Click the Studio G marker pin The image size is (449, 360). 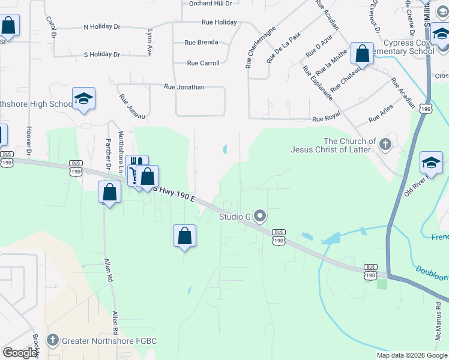click(x=260, y=215)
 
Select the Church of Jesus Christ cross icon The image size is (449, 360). click(x=385, y=144)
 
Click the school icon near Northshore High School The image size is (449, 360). click(x=83, y=99)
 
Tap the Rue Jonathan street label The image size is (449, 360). click(x=184, y=87)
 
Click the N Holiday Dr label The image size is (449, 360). click(x=102, y=27)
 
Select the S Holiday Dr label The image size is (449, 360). click(x=102, y=55)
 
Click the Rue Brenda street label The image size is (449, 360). click(x=201, y=43)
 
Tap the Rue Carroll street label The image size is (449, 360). click(x=203, y=63)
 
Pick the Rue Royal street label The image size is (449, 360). click(x=326, y=119)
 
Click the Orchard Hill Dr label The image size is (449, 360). click(x=210, y=4)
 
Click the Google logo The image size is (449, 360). click(x=19, y=353)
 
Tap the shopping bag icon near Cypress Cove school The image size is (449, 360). click(x=363, y=54)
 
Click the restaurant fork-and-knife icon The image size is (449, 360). click(x=136, y=163)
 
